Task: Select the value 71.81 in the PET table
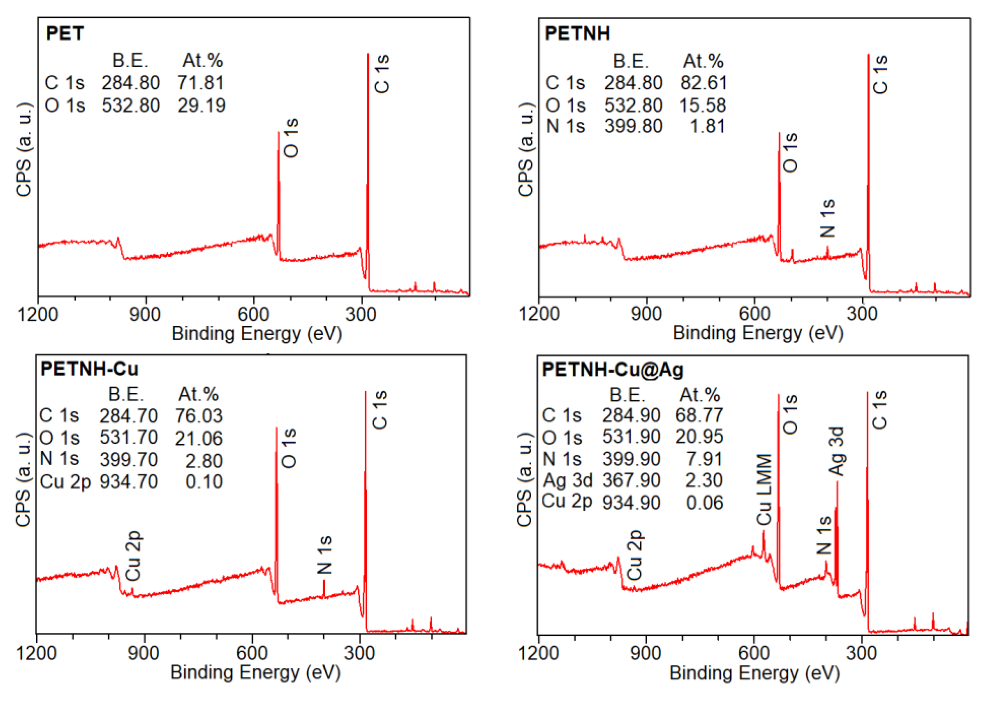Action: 201,83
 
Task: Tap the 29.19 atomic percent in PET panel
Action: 202,106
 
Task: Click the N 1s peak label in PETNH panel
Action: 828,219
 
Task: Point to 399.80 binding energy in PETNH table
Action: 633,126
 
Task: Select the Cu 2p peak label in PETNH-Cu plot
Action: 133,556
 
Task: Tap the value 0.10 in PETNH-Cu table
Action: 204,482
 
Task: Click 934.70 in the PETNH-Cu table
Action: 129,482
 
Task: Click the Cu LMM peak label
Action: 764,489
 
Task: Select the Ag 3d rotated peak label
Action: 836,451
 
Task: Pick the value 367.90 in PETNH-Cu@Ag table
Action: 631,480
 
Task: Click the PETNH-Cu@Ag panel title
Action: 613,370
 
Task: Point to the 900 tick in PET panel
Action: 145,314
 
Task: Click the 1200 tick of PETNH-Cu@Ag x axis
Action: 538,653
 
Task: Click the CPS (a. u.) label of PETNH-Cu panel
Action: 23,479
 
